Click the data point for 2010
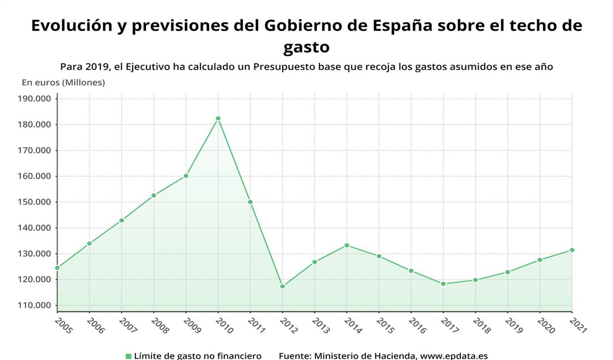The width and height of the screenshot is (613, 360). [x=218, y=118]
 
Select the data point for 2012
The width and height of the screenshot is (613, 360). [x=282, y=286]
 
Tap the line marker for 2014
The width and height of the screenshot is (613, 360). [x=347, y=246]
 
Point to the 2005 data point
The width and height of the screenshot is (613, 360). [x=57, y=268]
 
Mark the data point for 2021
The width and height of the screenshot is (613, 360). [x=572, y=250]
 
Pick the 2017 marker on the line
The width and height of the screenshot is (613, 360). [x=443, y=284]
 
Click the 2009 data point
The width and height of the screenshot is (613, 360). [x=186, y=176]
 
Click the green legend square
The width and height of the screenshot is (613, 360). [x=129, y=356]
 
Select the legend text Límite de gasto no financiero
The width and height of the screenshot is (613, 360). [x=198, y=356]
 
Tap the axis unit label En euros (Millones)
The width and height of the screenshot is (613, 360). [x=63, y=83]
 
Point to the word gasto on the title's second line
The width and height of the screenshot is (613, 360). [x=306, y=47]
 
